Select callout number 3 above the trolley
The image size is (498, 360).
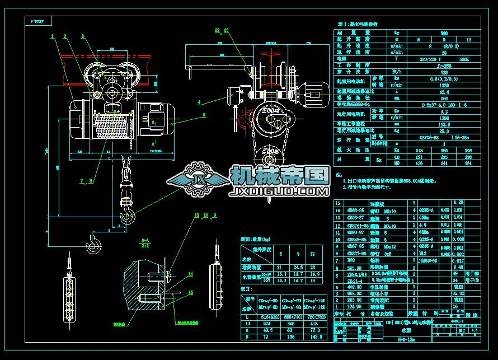point(83,36)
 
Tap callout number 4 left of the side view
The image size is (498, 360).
point(199,102)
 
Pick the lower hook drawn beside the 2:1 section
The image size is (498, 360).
point(93,242)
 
